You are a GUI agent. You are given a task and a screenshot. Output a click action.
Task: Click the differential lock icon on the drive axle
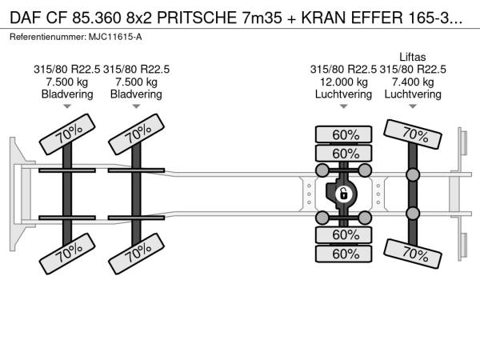(343, 194)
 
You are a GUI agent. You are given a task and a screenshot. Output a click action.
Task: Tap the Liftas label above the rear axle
(412, 57)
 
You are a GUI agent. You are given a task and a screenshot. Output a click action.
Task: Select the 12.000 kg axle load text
(343, 82)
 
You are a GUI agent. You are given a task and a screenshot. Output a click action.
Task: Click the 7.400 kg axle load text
(413, 82)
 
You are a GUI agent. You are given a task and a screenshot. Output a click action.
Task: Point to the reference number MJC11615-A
(115, 37)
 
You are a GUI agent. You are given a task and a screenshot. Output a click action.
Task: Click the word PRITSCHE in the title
(197, 18)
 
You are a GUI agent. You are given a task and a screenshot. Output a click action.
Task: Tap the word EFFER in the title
(377, 18)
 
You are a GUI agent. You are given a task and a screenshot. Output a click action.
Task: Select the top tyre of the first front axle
(67, 134)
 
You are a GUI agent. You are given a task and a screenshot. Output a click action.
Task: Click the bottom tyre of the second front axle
(136, 254)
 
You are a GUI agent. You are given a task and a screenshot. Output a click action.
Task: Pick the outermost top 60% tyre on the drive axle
(343, 134)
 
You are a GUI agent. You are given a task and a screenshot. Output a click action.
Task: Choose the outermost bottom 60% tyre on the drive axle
(343, 254)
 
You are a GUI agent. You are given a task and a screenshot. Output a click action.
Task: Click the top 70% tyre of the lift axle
(413, 134)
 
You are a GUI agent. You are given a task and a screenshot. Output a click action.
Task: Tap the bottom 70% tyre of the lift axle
(413, 254)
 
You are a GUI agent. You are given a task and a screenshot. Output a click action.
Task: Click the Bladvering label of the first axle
(67, 94)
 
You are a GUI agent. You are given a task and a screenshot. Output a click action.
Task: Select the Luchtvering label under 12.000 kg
(343, 94)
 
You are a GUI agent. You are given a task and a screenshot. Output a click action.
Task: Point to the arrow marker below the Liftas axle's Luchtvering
(413, 106)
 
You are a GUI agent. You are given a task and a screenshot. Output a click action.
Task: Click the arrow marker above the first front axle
(67, 106)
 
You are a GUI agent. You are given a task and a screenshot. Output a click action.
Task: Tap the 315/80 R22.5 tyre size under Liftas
(413, 70)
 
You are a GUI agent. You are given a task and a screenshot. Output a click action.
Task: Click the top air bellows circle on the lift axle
(413, 174)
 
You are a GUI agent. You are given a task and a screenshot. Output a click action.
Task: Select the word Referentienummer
(48, 37)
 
